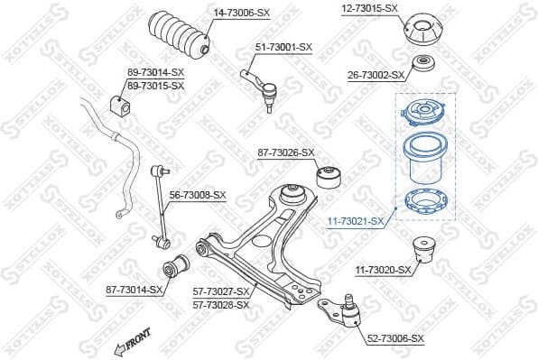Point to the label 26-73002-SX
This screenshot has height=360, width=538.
point(376,76)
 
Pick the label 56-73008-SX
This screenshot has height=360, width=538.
point(198,195)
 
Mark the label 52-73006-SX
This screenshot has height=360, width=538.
point(395,337)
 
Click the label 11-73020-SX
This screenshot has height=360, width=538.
point(382,270)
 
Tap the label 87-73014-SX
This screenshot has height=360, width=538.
point(134,290)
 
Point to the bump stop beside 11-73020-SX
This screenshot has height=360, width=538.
point(423,250)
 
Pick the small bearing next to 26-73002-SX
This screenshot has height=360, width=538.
point(422,67)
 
